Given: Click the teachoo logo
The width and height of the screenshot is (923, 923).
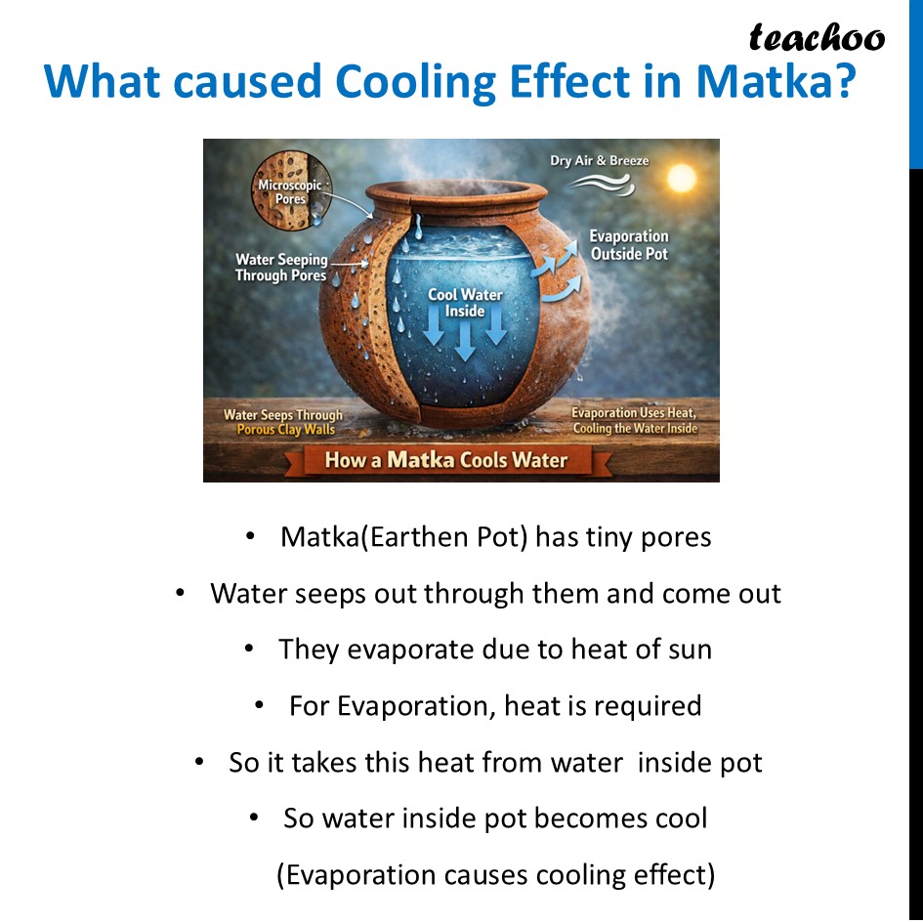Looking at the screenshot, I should [817, 38].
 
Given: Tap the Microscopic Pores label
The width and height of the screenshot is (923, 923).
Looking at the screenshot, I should [289, 191].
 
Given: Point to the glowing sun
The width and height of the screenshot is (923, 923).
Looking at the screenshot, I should [680, 177].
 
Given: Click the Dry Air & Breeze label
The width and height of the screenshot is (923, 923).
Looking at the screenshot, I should [599, 160].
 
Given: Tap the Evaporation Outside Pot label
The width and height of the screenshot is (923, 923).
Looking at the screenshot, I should [629, 245].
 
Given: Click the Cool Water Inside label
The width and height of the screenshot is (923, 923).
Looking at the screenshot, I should [465, 303].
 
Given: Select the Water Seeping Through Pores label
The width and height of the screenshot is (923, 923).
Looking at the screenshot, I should [280, 268].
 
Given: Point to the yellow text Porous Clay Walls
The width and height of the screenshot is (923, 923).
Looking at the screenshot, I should [285, 430].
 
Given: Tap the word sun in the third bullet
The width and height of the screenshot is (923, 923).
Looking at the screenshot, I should [688, 650].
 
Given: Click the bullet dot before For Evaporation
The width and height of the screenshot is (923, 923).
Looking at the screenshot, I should [260, 705].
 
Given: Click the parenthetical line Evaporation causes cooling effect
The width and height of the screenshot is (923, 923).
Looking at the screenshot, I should [495, 874].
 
